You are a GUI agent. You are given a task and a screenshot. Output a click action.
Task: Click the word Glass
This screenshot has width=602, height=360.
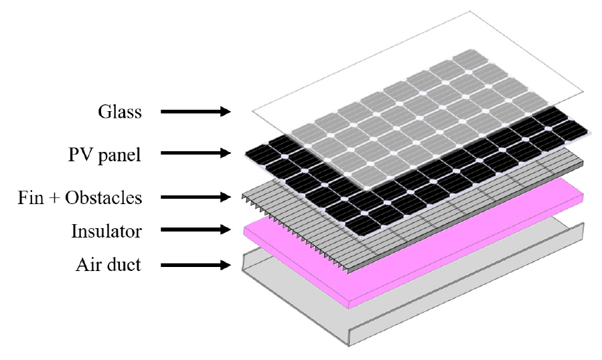120,112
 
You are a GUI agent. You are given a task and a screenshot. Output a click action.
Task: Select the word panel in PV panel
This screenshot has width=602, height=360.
119,155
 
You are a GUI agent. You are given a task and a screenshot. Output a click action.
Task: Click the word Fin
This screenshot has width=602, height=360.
30,197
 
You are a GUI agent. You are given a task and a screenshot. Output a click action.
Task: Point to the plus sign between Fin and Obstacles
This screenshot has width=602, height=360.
54,199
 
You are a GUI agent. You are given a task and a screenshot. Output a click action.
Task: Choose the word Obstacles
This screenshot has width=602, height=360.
104,197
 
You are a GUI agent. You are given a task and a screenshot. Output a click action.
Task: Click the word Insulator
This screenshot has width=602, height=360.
106,232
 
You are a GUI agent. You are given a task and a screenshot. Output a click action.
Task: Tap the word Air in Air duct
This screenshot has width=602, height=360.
86,265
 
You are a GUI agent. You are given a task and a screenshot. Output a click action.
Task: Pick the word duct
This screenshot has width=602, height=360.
122,264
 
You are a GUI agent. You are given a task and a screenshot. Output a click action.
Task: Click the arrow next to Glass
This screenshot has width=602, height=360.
196,112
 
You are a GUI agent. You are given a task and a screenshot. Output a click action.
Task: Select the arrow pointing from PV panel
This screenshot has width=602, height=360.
196,153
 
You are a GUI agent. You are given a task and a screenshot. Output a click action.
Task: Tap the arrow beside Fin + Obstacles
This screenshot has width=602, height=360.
196,197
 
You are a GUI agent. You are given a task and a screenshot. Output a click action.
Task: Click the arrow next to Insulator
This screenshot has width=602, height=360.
196,230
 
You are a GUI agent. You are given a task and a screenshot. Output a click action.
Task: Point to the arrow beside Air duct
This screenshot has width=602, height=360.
196,265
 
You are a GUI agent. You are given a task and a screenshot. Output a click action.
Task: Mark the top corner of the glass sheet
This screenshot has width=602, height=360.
469,11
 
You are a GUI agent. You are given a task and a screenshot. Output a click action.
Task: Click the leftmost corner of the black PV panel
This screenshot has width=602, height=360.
245,155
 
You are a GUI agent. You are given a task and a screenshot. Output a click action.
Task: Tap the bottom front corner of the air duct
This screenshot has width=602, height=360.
349,346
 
